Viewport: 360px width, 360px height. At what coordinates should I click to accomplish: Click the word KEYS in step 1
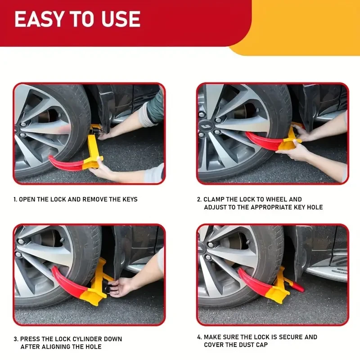pos(127,199)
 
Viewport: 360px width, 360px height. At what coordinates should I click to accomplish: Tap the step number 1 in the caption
pos(14,199)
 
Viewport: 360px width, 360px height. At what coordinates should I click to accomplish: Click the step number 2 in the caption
pos(198,199)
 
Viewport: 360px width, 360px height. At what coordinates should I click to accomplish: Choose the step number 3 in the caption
pos(15,339)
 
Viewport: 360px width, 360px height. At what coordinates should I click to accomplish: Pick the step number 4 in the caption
pos(199,337)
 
